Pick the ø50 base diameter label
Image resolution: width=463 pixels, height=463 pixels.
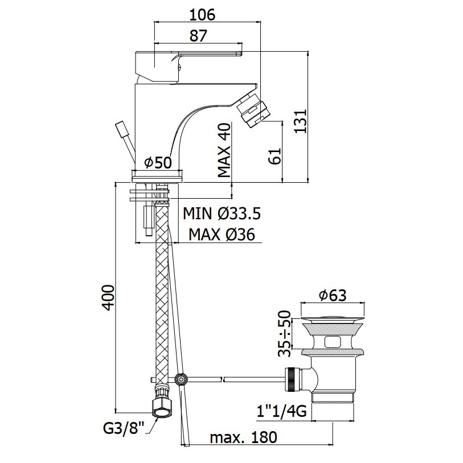pos(158,163)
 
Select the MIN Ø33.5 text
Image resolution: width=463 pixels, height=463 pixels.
pos(222,214)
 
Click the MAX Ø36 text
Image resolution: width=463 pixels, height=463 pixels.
pos(222,234)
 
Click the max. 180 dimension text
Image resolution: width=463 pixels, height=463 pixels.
pos(243,438)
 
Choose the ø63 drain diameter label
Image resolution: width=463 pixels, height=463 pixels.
pos(333,296)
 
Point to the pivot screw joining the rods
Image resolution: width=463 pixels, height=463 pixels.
pos(181,379)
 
